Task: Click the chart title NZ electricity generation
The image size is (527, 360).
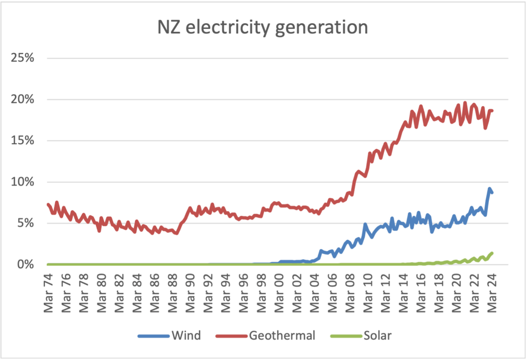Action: click(x=263, y=27)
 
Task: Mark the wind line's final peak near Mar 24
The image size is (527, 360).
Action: click(x=489, y=188)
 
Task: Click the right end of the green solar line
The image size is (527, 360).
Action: click(x=492, y=253)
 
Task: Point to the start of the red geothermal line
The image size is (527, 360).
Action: click(x=48, y=204)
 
